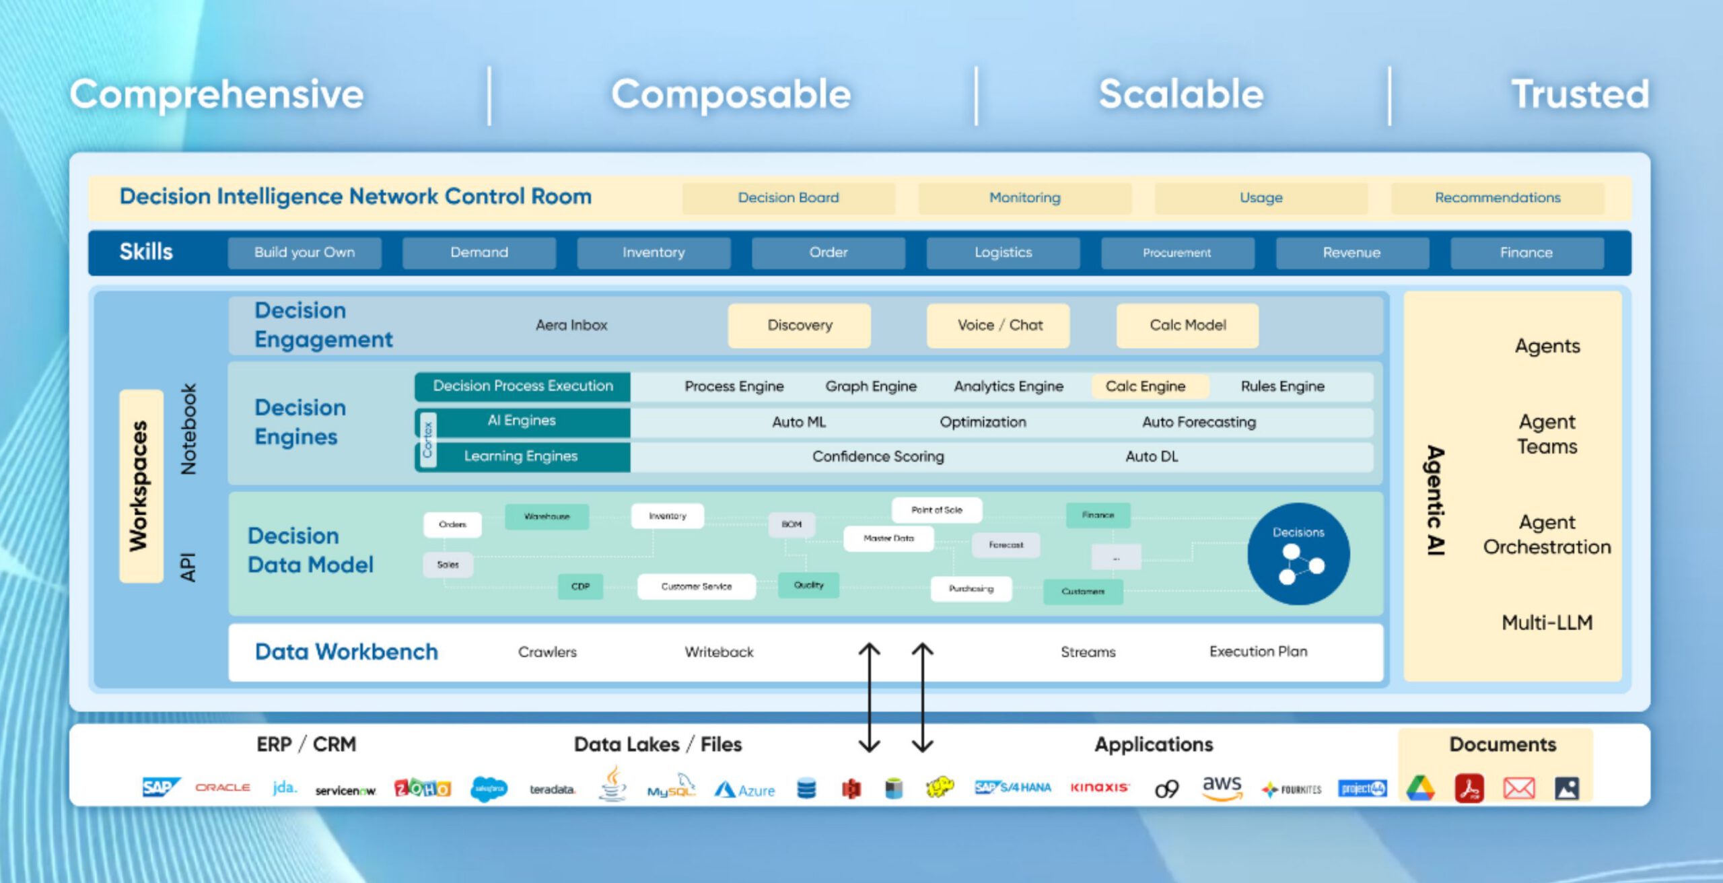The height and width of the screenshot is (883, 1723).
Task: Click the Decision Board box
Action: pos(788,198)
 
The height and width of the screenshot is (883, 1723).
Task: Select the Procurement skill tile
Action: pos(1177,253)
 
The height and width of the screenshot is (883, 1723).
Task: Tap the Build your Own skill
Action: pos(304,253)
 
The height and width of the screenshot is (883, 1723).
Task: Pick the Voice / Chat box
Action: pos(999,326)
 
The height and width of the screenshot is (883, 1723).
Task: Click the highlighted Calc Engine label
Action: pos(1146,387)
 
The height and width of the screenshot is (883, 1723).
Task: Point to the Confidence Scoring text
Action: pos(878,457)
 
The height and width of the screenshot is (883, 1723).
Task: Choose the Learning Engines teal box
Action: pos(522,457)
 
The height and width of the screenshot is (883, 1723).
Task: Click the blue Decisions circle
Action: pos(1298,554)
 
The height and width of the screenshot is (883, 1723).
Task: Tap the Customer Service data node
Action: pos(696,587)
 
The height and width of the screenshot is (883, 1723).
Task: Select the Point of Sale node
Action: pos(936,511)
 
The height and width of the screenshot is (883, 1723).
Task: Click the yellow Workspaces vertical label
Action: pos(141,486)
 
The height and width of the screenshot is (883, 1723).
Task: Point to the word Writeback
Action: pos(719,652)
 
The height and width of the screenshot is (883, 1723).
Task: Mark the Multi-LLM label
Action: pos(1547,623)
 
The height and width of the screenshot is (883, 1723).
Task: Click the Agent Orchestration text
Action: pos(1547,535)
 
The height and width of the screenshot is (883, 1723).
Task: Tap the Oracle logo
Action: pos(223,787)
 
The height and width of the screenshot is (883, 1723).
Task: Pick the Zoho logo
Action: pos(422,788)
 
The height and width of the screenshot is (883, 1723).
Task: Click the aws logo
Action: pos(1222,787)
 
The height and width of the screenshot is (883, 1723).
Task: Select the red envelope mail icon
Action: pos(1519,788)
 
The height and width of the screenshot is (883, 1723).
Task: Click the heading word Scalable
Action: pos(1181,94)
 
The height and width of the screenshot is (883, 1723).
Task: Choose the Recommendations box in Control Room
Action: pos(1498,198)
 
